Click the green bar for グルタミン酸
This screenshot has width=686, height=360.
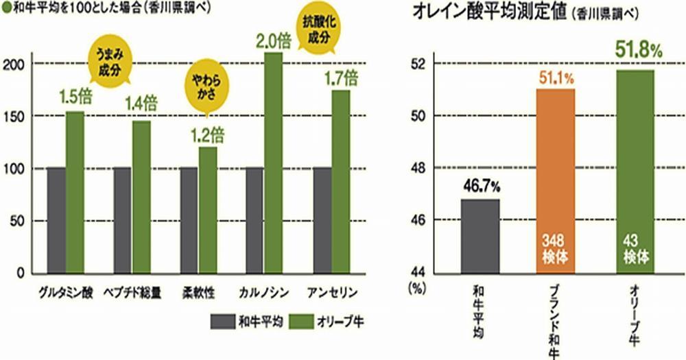pyautogui.click(x=75, y=192)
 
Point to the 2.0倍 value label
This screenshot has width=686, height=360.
pyautogui.click(x=273, y=40)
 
